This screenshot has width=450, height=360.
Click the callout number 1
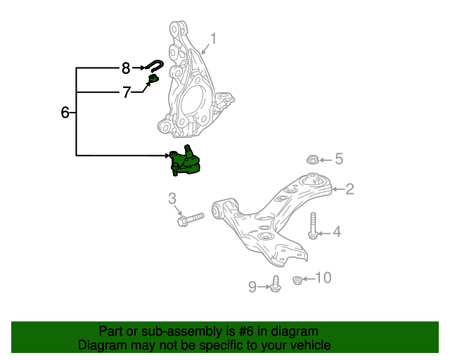point(214,39)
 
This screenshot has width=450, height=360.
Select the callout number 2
point(349,188)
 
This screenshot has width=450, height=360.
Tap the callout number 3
point(172,200)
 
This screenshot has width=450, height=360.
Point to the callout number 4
point(336,231)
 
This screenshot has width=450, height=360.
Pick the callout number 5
point(338,159)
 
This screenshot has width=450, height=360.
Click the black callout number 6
point(65,112)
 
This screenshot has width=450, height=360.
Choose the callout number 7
point(127,92)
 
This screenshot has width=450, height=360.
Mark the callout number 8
point(126,68)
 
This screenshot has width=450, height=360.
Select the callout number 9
point(253,286)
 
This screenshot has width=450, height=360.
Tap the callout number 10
point(323,278)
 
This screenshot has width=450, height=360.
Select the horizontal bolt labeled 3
point(190,219)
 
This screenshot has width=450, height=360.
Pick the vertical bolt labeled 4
point(313,226)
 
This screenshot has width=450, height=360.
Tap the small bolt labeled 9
point(276,285)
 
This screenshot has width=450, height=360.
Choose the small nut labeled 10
point(297,281)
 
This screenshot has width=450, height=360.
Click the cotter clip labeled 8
point(155,66)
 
